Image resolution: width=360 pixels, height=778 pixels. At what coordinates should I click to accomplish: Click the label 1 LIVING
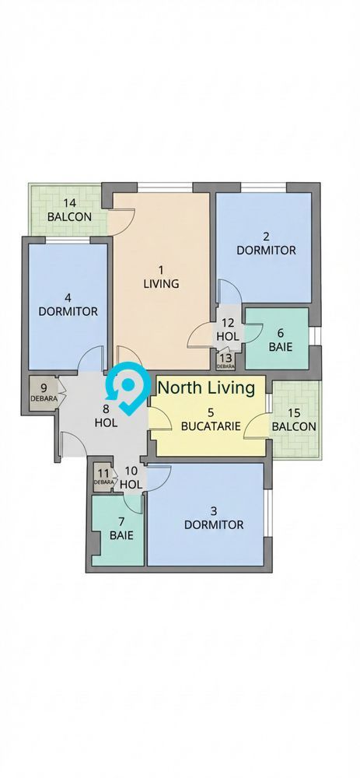click(x=161, y=277)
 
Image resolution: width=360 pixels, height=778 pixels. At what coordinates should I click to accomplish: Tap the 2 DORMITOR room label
click(x=266, y=244)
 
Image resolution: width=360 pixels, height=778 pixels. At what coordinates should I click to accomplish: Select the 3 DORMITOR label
click(x=213, y=517)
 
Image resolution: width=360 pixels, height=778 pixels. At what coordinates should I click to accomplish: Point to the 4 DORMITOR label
click(x=68, y=304)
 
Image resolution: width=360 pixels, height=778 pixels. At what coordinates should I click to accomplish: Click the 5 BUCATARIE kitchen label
click(x=210, y=419)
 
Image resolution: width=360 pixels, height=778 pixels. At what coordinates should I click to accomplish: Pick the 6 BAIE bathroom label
click(x=280, y=339)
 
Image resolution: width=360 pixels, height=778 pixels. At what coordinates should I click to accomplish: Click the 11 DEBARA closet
click(x=103, y=476)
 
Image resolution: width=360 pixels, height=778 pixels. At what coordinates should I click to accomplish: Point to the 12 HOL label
click(x=228, y=330)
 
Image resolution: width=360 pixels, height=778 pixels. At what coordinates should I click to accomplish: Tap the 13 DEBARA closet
click(x=225, y=360)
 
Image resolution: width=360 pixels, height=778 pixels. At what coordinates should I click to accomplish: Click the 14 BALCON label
click(x=69, y=209)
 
